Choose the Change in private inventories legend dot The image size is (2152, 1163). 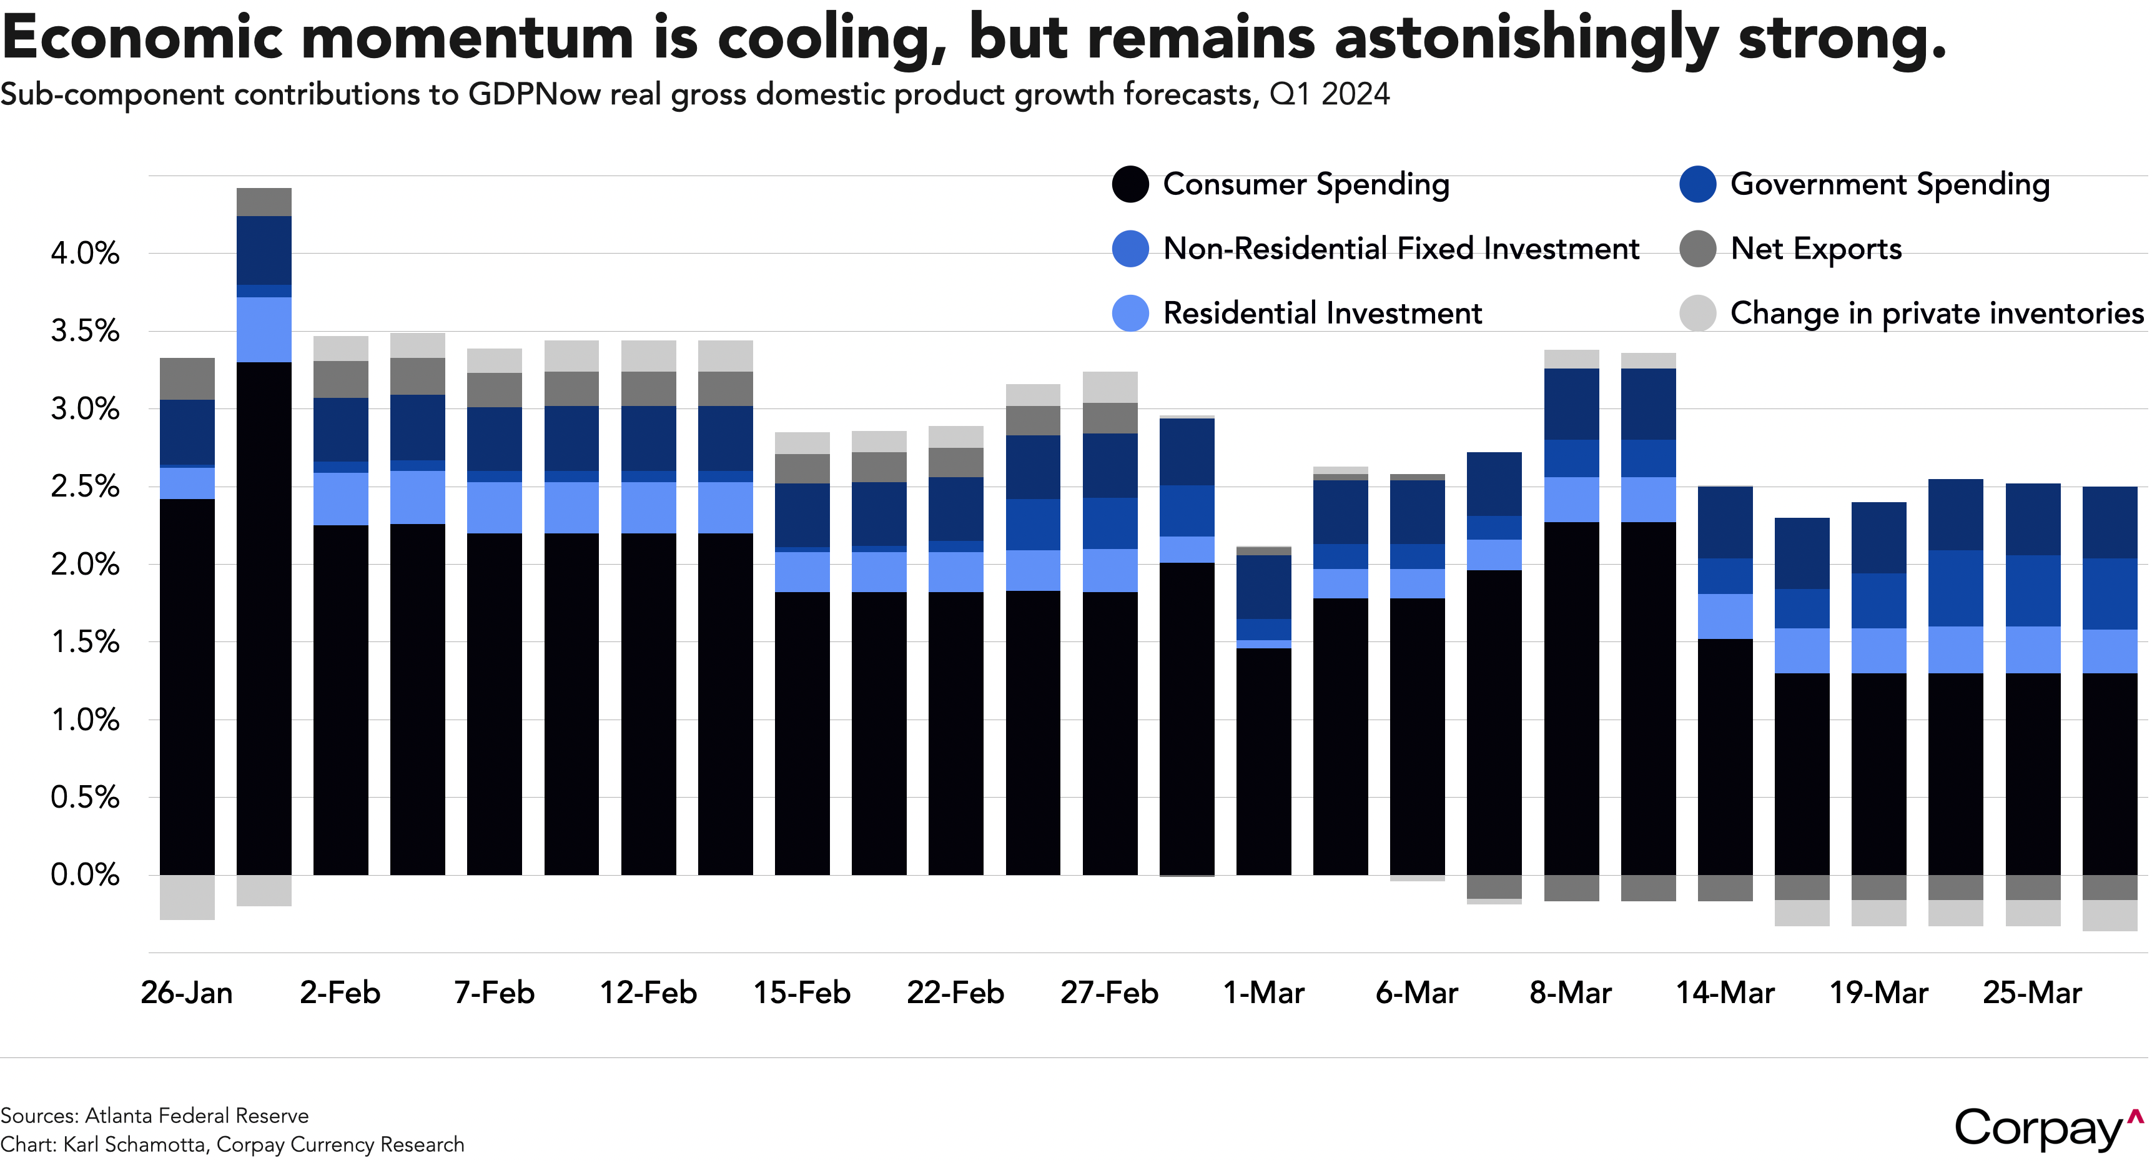[x=1697, y=314]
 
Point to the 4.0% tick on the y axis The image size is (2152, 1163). [x=85, y=252]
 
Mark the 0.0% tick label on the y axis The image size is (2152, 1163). [x=85, y=875]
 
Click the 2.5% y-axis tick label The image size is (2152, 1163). [x=85, y=487]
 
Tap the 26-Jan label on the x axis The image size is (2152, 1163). [x=186, y=992]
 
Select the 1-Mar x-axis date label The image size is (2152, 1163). [x=1263, y=992]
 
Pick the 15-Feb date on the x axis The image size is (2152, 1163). [x=802, y=992]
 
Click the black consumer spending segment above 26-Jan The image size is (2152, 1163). [x=187, y=685]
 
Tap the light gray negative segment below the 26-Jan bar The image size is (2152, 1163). [x=187, y=898]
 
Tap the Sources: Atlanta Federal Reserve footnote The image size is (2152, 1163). [x=154, y=1116]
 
